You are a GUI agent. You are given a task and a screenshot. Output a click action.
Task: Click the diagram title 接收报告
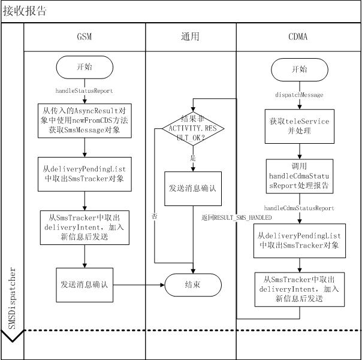pyautogui.click(x=25, y=11)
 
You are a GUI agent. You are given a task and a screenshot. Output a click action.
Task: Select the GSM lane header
pyautogui.click(x=84, y=37)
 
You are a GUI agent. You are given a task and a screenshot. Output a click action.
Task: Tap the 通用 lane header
pyautogui.click(x=190, y=37)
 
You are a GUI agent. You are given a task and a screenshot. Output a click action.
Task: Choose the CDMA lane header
pyautogui.click(x=298, y=37)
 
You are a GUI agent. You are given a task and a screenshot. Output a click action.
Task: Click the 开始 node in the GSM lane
pyautogui.click(x=84, y=68)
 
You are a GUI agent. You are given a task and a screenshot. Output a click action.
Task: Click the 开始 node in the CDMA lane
pyautogui.click(x=298, y=70)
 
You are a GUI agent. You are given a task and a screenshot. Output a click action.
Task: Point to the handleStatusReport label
pyautogui.click(x=84, y=90)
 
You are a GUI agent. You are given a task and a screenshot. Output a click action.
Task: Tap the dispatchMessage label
pyautogui.click(x=298, y=95)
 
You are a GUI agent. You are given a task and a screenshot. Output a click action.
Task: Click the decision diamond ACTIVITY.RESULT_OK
pyautogui.click(x=193, y=128)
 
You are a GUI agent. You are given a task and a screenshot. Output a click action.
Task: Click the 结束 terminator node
pyautogui.click(x=193, y=284)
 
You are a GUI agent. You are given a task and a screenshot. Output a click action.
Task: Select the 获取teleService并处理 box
pyautogui.click(x=298, y=126)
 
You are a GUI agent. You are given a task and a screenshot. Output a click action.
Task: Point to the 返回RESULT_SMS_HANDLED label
pyautogui.click(x=237, y=217)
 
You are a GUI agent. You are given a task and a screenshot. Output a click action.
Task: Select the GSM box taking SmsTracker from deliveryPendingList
pyautogui.click(x=84, y=174)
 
